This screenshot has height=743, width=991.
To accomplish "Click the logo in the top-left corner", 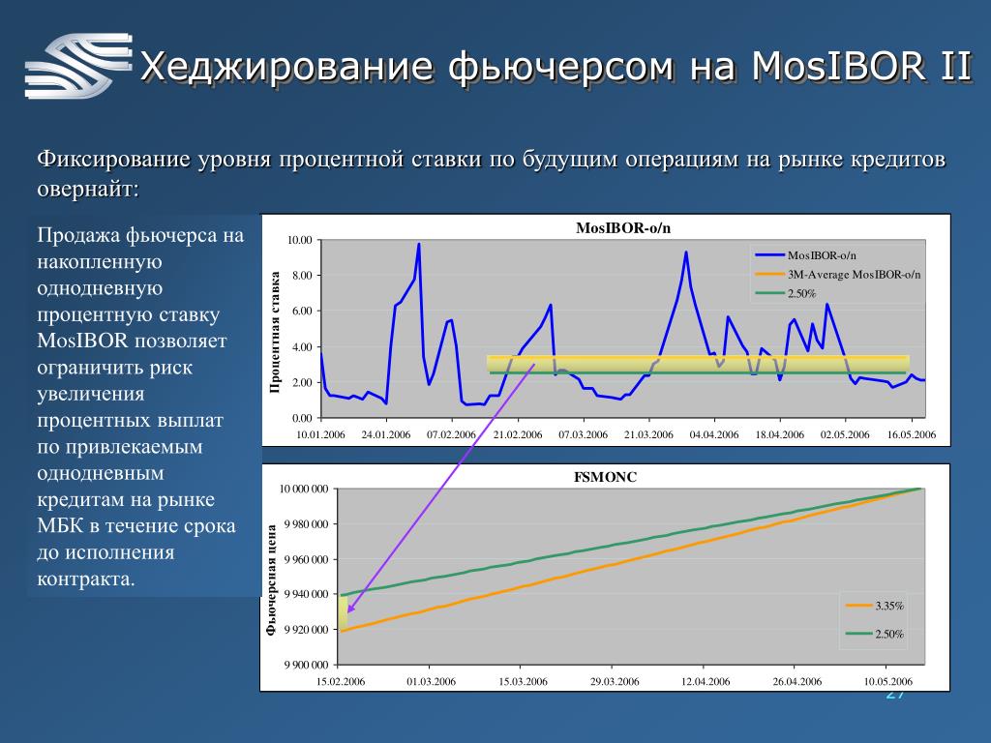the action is (x=78, y=66).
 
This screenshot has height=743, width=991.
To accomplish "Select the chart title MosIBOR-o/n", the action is (x=623, y=228).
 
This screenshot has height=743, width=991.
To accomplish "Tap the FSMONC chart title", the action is (x=605, y=477).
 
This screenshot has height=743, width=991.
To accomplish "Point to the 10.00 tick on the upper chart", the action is (x=300, y=240).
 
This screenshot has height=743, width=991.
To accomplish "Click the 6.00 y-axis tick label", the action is (x=302, y=311).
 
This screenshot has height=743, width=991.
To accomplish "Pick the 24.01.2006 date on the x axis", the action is (x=385, y=434).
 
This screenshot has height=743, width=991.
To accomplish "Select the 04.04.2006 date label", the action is (x=714, y=434).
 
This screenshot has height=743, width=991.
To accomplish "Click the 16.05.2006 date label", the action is (x=912, y=434).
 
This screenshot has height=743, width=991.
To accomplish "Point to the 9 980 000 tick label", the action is (x=306, y=524).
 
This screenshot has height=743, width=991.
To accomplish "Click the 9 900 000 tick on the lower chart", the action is (x=306, y=665).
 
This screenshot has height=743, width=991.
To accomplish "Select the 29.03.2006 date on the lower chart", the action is (x=615, y=682).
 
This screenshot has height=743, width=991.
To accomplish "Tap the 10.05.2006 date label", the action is (x=888, y=682).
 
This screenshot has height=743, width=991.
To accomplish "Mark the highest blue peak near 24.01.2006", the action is (x=418, y=244).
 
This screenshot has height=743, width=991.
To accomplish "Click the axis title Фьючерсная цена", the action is (x=271, y=580).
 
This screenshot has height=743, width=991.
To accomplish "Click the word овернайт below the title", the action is (x=88, y=189).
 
